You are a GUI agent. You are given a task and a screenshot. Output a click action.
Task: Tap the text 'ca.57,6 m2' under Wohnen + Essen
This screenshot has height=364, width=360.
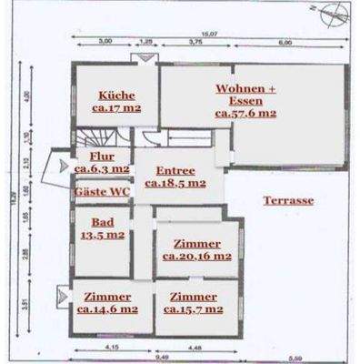[245, 115]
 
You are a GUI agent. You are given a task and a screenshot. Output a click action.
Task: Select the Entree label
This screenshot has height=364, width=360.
[175, 170]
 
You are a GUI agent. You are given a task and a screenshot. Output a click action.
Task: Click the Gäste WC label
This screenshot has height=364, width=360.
[101, 193]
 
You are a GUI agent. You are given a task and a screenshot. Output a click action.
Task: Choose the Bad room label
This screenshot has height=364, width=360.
[101, 221]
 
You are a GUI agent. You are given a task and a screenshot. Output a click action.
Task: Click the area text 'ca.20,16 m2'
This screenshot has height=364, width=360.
[197, 257]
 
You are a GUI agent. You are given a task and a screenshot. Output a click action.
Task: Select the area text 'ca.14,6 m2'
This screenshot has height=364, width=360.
[107, 309]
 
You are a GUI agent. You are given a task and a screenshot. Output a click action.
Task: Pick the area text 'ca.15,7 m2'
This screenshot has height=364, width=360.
[193, 309]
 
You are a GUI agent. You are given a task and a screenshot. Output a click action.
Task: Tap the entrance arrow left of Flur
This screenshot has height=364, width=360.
[61, 166]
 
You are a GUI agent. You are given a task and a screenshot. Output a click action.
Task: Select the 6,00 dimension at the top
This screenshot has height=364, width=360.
[285, 42]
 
